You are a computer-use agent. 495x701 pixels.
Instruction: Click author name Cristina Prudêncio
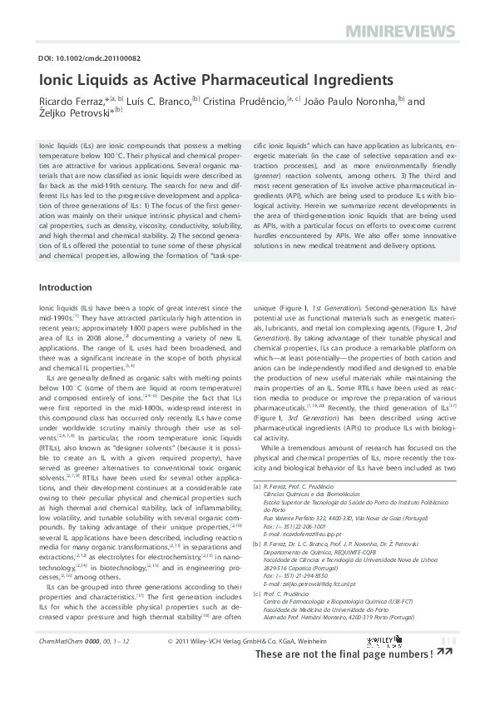243,102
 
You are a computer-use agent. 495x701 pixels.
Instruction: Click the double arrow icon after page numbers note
445,677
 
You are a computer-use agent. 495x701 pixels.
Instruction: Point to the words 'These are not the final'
313,678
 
